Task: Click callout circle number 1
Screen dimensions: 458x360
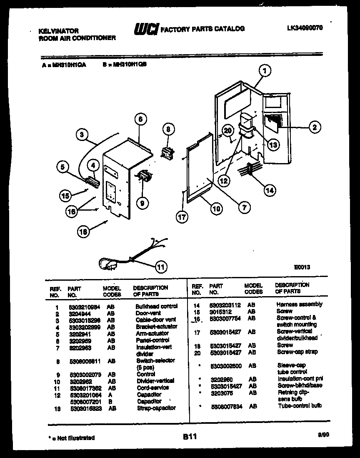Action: (x=265, y=71)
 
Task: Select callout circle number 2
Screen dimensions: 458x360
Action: (x=314, y=127)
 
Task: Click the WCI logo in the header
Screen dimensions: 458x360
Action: (x=145, y=29)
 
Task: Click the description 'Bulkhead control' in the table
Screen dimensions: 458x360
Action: (x=156, y=306)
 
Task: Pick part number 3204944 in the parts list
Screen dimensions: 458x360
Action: (x=76, y=313)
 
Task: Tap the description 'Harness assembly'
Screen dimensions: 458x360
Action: (x=299, y=304)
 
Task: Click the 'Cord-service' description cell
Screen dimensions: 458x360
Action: (x=152, y=388)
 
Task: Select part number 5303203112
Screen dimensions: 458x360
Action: (x=225, y=305)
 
